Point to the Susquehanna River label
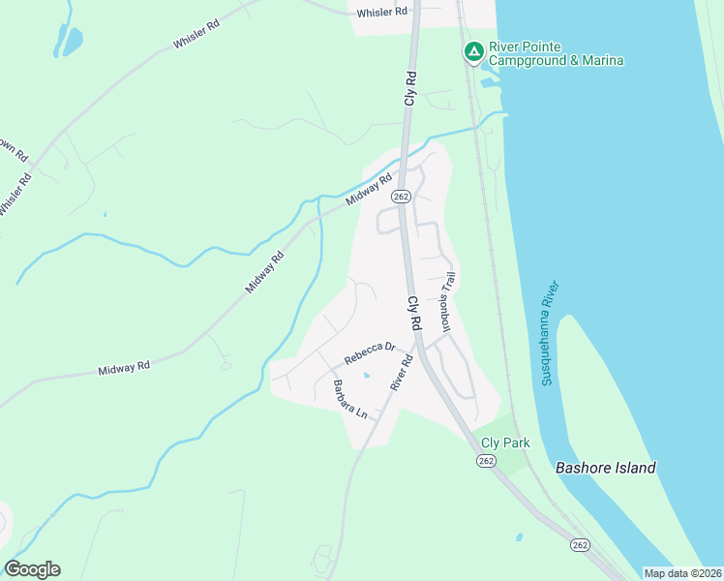click(x=551, y=333)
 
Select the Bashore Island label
click(x=606, y=468)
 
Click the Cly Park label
click(x=505, y=443)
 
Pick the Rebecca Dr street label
click(x=370, y=353)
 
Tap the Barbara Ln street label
click(x=350, y=399)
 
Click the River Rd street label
click(x=402, y=373)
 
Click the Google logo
click(x=32, y=569)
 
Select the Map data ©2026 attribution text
click(x=683, y=573)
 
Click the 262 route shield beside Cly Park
click(x=486, y=462)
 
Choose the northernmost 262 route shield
click(x=402, y=196)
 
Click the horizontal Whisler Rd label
click(x=381, y=13)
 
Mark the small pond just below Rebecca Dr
click(x=366, y=375)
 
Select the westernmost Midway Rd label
click(x=124, y=368)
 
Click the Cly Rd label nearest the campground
click(x=410, y=88)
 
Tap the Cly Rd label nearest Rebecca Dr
click(x=413, y=314)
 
